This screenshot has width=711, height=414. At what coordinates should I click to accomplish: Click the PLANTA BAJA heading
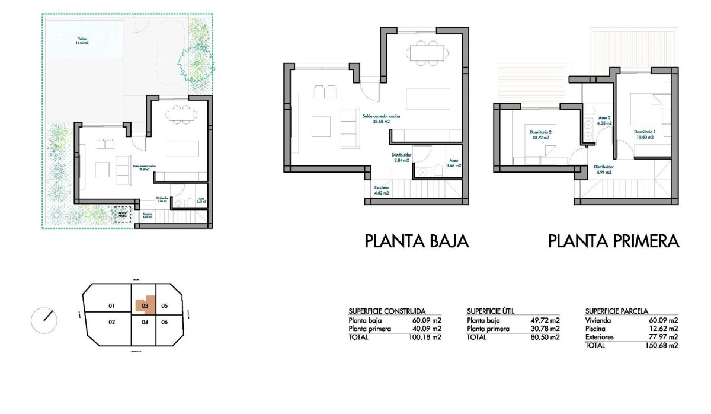tap(417, 241)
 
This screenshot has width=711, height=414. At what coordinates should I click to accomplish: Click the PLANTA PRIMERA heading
tap(613, 241)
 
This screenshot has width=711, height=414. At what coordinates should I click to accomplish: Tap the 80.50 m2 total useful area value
tap(546, 337)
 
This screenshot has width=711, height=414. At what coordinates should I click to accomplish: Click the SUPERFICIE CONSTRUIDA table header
tap(387, 311)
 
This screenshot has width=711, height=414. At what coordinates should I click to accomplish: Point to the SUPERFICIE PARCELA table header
tap(617, 311)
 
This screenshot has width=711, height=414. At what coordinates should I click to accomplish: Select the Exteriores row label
tap(600, 337)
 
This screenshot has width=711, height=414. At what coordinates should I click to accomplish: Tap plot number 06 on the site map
tap(165, 322)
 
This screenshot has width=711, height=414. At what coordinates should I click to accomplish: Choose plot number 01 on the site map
tap(111, 306)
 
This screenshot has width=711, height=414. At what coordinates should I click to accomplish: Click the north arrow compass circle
tap(44, 320)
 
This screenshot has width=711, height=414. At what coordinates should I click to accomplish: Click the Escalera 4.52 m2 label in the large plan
tap(381, 190)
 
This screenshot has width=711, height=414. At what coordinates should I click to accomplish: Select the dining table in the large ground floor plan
tap(423, 53)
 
